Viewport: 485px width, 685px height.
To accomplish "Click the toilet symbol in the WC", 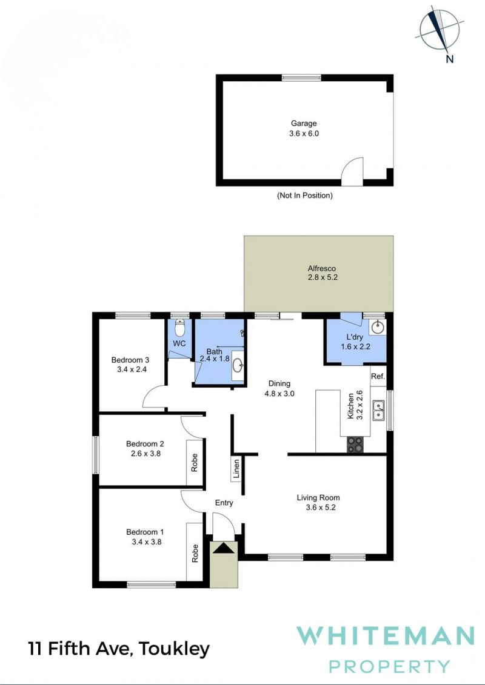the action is tap(179, 327).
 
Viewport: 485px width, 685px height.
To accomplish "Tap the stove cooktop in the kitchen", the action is tap(355, 445).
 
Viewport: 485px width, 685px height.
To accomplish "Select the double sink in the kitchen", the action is tap(379, 410).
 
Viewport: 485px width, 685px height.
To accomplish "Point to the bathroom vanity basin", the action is tap(238, 365).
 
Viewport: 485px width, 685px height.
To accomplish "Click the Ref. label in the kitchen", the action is tap(378, 377).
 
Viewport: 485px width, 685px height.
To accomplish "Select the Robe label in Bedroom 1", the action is tap(195, 553).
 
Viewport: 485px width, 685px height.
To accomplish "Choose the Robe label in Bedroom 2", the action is tap(195, 463).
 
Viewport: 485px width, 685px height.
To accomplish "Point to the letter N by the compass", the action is tap(450, 59).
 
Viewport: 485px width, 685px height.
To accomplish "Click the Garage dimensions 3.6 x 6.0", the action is tap(304, 134).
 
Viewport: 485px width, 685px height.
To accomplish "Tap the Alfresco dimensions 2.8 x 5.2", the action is tap(323, 277).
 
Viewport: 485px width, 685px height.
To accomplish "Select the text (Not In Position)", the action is tap(305, 195).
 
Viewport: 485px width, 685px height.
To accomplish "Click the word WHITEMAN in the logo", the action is tap(386, 636).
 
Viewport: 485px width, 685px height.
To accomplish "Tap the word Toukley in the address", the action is tap(174, 649).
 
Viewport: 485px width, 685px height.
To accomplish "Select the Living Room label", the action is tap(318, 498).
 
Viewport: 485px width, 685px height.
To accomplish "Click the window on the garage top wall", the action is tap(302, 78).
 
